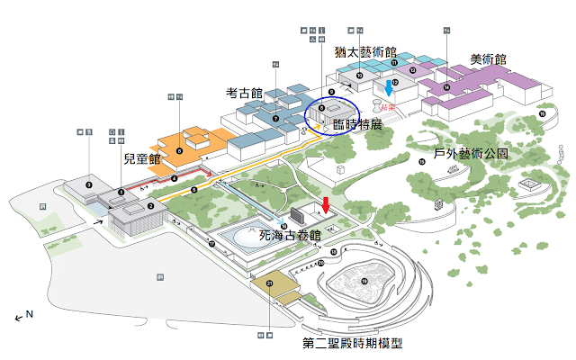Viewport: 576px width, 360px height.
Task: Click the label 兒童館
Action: tap(141, 159)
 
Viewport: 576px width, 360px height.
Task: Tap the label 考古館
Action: tap(244, 93)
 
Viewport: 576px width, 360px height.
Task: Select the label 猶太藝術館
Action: tap(365, 52)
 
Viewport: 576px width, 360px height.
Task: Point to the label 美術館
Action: tap(488, 59)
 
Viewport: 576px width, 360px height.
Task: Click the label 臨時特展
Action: tap(357, 125)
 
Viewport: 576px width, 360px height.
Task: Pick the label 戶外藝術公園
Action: tap(472, 154)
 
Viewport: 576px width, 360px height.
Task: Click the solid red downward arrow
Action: tap(327, 205)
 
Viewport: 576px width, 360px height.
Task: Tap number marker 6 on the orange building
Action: tap(179, 151)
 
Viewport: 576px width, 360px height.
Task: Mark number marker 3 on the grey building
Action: tap(88, 185)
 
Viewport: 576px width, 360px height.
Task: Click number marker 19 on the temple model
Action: tap(364, 282)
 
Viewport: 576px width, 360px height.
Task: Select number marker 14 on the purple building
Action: tap(446, 88)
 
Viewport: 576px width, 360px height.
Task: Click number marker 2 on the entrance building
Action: tap(152, 206)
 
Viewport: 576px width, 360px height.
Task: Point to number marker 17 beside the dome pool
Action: tap(211, 244)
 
